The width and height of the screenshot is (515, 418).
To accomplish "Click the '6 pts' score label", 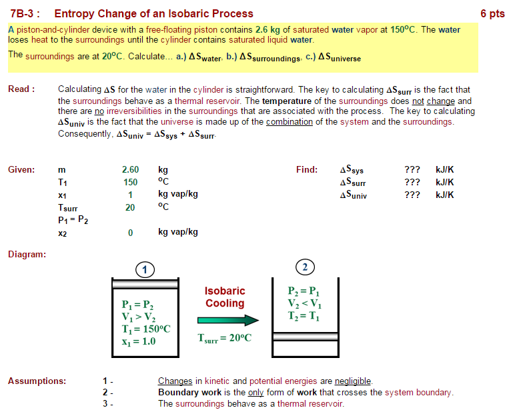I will [492, 13].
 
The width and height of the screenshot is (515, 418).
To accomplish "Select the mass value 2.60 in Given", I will [130, 170].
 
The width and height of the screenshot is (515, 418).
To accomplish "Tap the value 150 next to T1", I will [130, 182].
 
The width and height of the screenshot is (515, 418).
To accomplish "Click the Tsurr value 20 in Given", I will [130, 207].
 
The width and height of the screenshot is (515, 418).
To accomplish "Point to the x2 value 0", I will [130, 233].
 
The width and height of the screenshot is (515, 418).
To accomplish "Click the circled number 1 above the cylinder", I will [145, 269].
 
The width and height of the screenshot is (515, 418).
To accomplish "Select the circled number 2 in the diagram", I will [304, 267].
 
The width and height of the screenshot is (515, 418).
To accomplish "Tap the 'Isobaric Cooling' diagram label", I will [225, 297].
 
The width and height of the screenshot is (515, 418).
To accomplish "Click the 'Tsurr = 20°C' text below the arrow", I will [225, 338].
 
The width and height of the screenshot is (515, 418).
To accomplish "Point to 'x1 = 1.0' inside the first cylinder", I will [139, 341].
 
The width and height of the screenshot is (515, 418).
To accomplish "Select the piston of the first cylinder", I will [145, 285].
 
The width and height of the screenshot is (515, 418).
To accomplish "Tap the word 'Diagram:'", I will [27, 254].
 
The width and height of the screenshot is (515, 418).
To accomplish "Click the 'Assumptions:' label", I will [37, 381].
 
